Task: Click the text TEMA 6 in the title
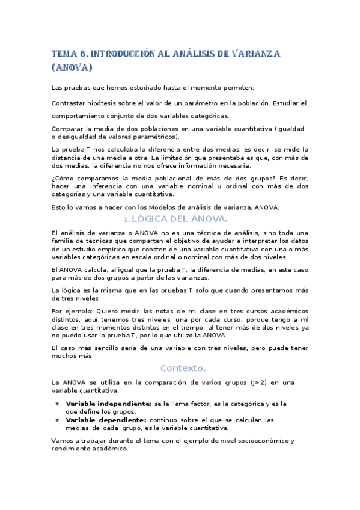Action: (70, 54)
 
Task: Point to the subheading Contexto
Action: (183, 367)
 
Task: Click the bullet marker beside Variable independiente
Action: (57, 404)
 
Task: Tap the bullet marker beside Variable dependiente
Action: (57, 420)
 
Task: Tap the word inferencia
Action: (96, 186)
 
